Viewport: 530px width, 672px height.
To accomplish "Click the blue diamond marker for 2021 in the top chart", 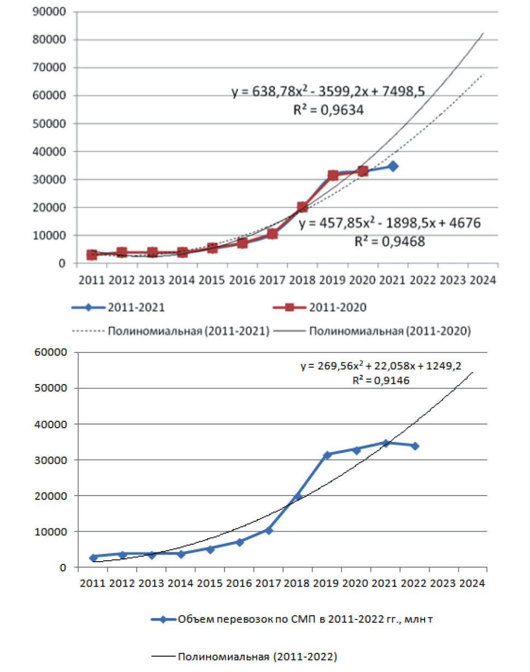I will (392, 166).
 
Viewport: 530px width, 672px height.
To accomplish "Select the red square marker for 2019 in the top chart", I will (333, 175).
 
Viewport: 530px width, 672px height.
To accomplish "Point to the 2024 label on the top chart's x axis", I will (482, 280).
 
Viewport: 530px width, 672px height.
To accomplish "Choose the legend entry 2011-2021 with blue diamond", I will (119, 307).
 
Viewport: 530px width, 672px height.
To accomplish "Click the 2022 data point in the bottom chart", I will (415, 446).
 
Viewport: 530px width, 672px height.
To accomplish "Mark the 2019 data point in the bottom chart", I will (327, 455).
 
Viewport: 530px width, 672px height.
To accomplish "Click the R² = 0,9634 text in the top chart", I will (329, 110).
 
